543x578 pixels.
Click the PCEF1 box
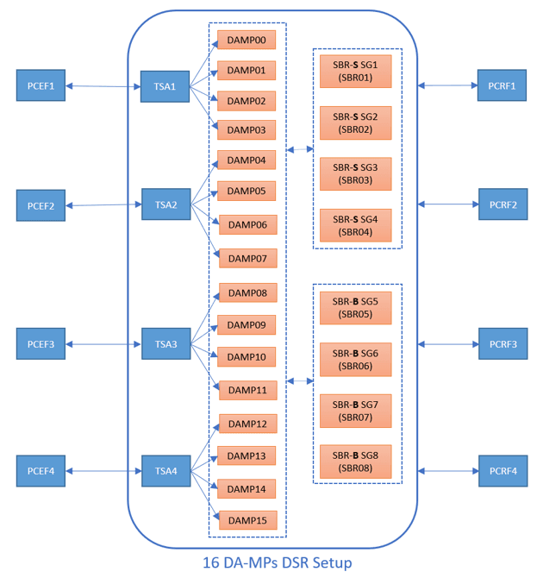click(41, 86)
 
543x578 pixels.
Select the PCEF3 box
click(41, 344)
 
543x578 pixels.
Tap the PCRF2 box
click(502, 204)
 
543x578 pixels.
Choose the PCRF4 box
click(502, 471)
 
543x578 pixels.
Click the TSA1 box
click(165, 86)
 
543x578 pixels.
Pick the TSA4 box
click(165, 471)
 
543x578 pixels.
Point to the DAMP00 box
click(247, 40)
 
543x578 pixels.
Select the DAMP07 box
click(248, 258)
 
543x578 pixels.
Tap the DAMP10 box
click(247, 356)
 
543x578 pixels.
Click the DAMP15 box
click(248, 520)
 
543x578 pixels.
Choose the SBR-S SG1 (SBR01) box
click(355, 71)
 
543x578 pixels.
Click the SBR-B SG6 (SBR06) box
click(355, 359)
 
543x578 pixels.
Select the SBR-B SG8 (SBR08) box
click(355, 462)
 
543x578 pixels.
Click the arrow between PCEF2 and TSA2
click(103, 205)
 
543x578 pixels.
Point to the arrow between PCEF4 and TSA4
click(103, 471)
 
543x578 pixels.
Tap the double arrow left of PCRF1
click(447, 85)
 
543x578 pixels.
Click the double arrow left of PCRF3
click(447, 344)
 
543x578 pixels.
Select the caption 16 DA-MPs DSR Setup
click(277, 562)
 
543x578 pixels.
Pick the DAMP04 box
click(247, 160)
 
